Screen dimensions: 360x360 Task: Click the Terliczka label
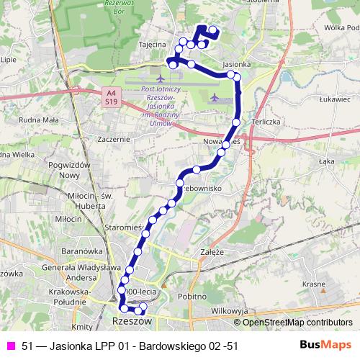point(264,122)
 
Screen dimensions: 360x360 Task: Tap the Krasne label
point(314,284)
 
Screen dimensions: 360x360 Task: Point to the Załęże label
point(215,253)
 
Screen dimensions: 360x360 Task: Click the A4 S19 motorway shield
point(110,97)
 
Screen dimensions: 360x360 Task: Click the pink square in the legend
point(11,346)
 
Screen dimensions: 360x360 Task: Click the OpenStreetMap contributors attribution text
point(297,323)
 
